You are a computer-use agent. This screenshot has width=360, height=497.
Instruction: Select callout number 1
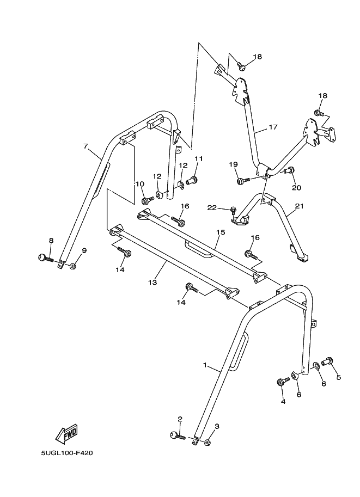[205, 366]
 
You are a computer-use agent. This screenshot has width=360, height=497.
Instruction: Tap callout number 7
[86, 146]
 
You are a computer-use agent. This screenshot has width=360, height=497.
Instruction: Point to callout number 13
[152, 283]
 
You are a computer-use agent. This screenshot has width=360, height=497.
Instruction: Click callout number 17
[273, 127]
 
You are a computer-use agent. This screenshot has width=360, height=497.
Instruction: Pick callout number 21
[298, 206]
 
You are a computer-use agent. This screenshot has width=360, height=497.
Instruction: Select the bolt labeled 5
[328, 360]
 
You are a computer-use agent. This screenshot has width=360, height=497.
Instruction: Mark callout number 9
[84, 250]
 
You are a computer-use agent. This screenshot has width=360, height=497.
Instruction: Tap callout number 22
[212, 207]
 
